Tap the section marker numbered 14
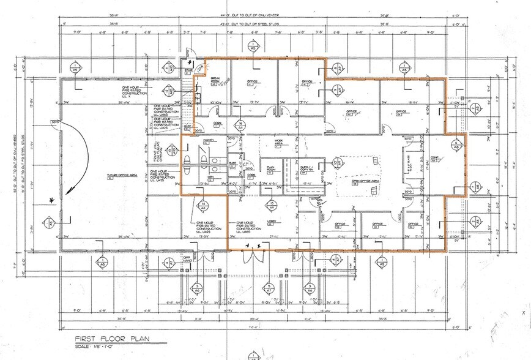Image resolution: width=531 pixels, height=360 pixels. (202, 206)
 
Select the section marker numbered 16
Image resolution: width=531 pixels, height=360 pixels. (242, 126)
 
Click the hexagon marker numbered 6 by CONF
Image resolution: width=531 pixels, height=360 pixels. (455, 144)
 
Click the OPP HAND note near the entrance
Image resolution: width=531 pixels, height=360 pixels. (188, 259)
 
